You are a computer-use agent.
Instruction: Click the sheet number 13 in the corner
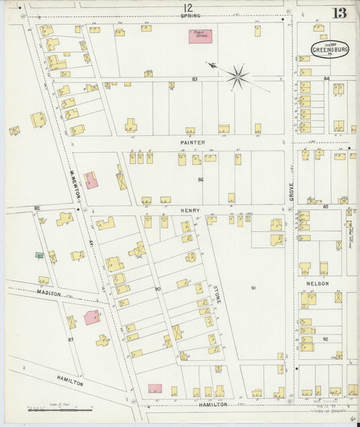point(340,14)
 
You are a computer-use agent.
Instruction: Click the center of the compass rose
point(237,76)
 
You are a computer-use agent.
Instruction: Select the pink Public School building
point(199,36)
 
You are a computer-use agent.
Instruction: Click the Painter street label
point(192,143)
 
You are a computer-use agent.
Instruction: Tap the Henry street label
point(190,211)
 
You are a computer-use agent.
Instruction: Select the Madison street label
point(49,294)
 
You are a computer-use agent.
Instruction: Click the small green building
point(40,255)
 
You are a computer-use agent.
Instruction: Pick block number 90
point(157,289)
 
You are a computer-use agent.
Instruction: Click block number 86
point(201,180)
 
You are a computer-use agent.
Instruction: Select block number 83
point(195,79)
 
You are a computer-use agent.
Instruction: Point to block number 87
point(70,339)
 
